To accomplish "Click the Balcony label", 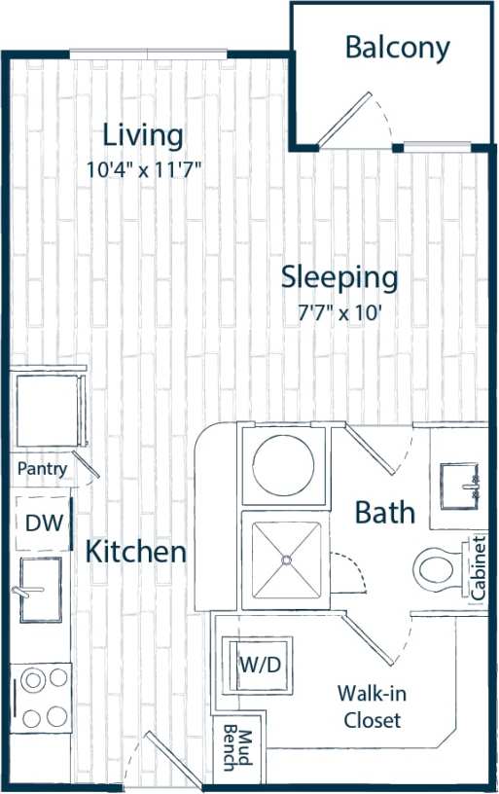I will click(x=398, y=47).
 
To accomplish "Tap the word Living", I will click(x=143, y=134).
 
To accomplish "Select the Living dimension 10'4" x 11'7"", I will click(x=143, y=168).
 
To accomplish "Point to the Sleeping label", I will click(x=339, y=277).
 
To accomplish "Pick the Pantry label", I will click(x=42, y=469).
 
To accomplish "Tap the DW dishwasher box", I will click(x=43, y=523).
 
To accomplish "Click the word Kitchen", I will click(x=135, y=553).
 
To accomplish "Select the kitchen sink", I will click(x=40, y=590).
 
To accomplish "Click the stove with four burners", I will click(x=42, y=696).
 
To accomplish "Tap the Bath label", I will click(x=384, y=512).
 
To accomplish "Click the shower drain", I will click(x=286, y=559).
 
